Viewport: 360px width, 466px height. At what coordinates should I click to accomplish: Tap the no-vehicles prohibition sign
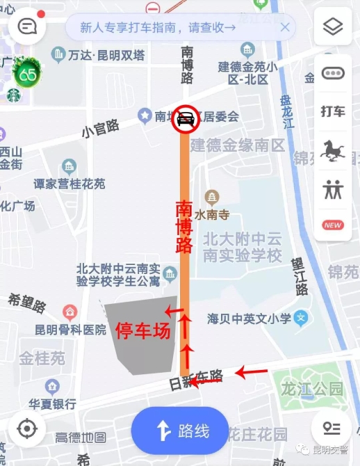pyautogui.click(x=186, y=119)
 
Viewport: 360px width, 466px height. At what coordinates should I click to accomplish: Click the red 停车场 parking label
pyautogui.click(x=142, y=330)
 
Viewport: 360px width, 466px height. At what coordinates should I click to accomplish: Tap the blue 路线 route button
pyautogui.click(x=180, y=431)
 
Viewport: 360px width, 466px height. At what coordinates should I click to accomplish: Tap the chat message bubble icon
pyautogui.click(x=27, y=28)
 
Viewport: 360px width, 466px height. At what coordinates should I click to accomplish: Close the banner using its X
pyautogui.click(x=284, y=28)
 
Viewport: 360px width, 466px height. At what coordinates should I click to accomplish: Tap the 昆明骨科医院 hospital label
pyautogui.click(x=71, y=330)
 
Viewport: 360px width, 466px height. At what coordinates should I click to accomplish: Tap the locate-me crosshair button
pyautogui.click(x=26, y=428)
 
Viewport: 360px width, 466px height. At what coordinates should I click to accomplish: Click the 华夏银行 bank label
pyautogui.click(x=52, y=403)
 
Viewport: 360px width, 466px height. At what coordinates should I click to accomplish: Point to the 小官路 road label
pyautogui.click(x=100, y=127)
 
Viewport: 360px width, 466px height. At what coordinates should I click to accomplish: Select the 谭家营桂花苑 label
pyautogui.click(x=69, y=184)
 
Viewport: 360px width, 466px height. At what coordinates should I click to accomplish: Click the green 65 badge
pyautogui.click(x=28, y=72)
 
